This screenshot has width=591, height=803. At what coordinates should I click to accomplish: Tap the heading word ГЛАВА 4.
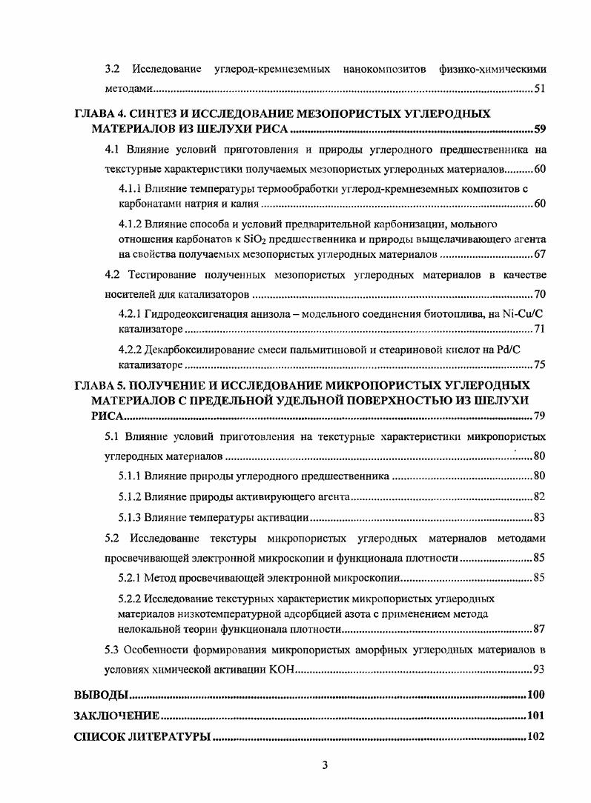[x=102, y=114]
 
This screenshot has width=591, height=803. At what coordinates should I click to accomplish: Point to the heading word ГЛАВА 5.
[x=102, y=385]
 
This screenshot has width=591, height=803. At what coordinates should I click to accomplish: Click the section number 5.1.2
[x=131, y=496]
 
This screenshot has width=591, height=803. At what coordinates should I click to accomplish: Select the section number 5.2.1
[x=131, y=577]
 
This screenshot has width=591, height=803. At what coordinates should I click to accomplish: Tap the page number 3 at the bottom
[x=325, y=765]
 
